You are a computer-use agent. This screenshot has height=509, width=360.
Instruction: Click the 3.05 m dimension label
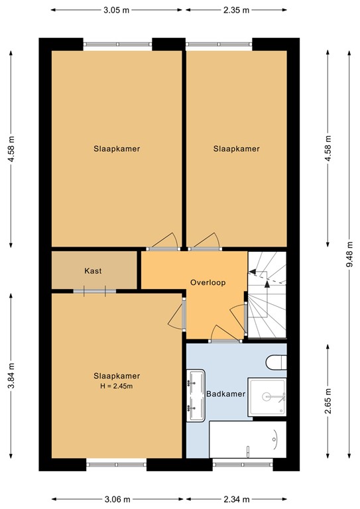pos(117,10)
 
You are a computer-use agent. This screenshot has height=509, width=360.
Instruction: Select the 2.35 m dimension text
pos(236,10)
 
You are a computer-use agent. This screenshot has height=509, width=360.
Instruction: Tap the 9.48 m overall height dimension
pos(348,254)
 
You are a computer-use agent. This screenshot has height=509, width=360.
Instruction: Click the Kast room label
pos(93,270)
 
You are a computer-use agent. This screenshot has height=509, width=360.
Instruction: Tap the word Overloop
pos(208,282)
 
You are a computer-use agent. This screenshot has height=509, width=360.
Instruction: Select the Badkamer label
pos(226,394)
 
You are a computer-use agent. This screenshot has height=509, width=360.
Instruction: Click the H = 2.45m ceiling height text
pos(117,386)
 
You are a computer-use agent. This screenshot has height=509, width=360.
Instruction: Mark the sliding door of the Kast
pos(95,290)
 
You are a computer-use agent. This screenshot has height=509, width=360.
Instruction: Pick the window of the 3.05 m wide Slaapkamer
pos(117,44)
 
